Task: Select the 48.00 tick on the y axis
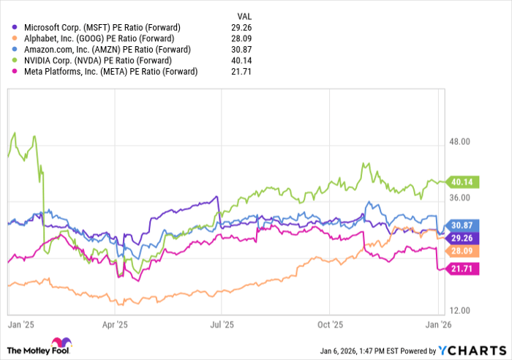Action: tap(459, 141)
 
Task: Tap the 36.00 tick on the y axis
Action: tap(459, 198)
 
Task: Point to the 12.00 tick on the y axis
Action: tap(459, 311)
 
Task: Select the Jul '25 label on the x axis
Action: tap(222, 323)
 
